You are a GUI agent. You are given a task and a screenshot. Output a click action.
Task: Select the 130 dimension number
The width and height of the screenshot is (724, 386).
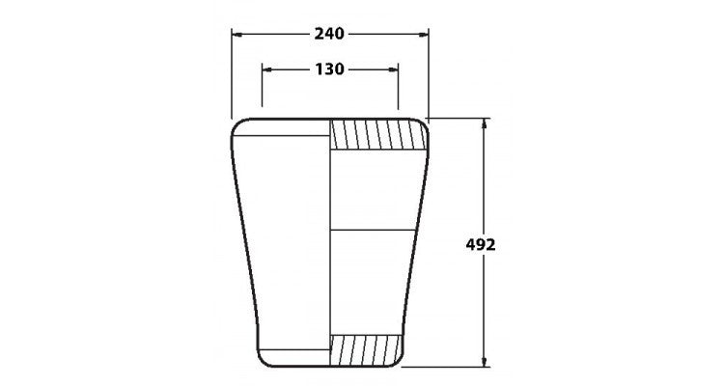click(x=330, y=69)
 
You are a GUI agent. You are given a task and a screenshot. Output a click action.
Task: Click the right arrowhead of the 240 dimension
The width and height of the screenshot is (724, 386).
click(x=424, y=34)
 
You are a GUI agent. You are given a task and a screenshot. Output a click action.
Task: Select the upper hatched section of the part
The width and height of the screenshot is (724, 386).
click(x=377, y=135)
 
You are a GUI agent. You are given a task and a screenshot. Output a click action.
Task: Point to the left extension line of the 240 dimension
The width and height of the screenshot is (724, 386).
click(x=231, y=72)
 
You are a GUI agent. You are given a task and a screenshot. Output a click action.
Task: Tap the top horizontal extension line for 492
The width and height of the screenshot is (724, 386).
click(x=459, y=119)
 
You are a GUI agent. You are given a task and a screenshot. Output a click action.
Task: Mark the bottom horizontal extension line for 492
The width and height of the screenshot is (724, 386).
click(x=454, y=367)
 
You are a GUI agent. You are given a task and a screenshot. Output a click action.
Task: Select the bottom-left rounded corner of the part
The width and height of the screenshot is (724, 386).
click(x=261, y=360)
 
